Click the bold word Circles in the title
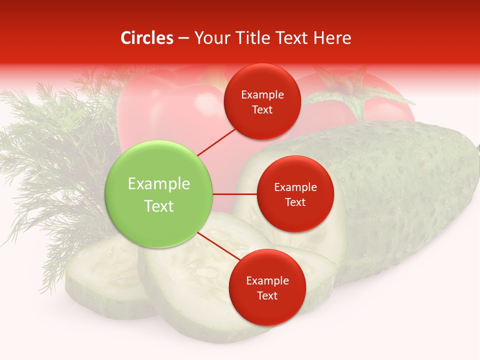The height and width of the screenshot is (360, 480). point(146,38)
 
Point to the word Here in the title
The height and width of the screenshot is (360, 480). point(332,38)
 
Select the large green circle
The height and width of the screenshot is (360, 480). point(159,194)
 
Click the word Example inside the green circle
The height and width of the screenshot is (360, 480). point(159,184)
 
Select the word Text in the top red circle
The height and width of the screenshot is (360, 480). point(262,109)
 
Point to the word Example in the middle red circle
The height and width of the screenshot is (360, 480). point(295,187)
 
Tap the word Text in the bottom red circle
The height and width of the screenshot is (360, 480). point(267,295)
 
